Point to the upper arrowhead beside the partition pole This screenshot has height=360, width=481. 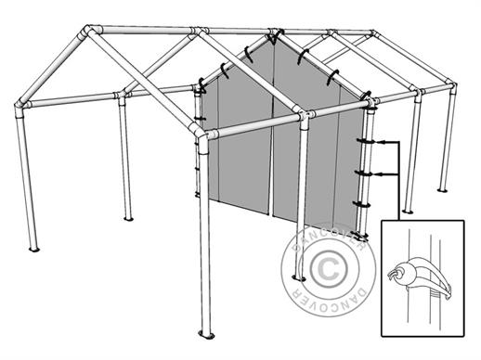[382, 142]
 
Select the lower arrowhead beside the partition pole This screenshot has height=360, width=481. [382, 174]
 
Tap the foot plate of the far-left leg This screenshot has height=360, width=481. [34, 249]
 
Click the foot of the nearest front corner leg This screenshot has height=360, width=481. [206, 335]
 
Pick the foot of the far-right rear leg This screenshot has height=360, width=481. [443, 189]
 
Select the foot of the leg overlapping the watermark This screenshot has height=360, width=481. [299, 278]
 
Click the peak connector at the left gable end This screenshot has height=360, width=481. [88, 31]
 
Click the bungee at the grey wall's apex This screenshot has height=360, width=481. [275, 37]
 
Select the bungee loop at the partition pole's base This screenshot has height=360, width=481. [361, 238]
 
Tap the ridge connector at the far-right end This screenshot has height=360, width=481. [374, 32]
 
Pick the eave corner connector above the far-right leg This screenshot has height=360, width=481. [451, 86]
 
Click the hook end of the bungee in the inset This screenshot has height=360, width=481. [393, 275]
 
